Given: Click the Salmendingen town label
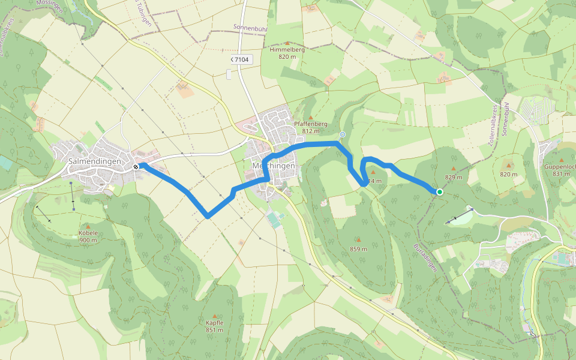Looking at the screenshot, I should click(x=95, y=161).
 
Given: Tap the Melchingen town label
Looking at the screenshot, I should click(x=274, y=166).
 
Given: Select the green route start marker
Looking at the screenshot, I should click(x=440, y=192).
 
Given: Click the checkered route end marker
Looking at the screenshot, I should click(x=137, y=167).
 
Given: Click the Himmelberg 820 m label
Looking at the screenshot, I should click(x=287, y=53).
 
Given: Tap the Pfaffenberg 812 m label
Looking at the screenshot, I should click(x=311, y=127).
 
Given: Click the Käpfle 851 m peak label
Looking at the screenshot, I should click(x=214, y=326).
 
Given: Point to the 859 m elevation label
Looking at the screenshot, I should click(x=359, y=248).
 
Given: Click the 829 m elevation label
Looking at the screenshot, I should click(x=454, y=177).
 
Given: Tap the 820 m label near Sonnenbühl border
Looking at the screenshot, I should click(x=508, y=174).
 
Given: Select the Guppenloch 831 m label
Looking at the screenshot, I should click(x=559, y=170).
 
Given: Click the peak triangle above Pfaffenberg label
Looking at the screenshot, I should click(x=311, y=117).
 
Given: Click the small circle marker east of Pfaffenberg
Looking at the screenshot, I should click(x=343, y=134).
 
